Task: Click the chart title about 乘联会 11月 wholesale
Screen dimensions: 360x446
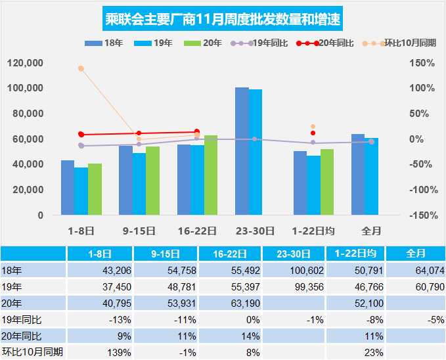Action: (223, 19)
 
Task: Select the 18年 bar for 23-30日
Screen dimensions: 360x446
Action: (242, 151)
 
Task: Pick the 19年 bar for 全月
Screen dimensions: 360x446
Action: (372, 176)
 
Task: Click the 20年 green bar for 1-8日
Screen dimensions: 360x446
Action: (95, 189)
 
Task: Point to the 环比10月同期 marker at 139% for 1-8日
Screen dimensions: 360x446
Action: (81, 68)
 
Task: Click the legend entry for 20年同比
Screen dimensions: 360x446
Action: (326, 43)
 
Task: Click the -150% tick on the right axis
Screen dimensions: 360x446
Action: (420, 215)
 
